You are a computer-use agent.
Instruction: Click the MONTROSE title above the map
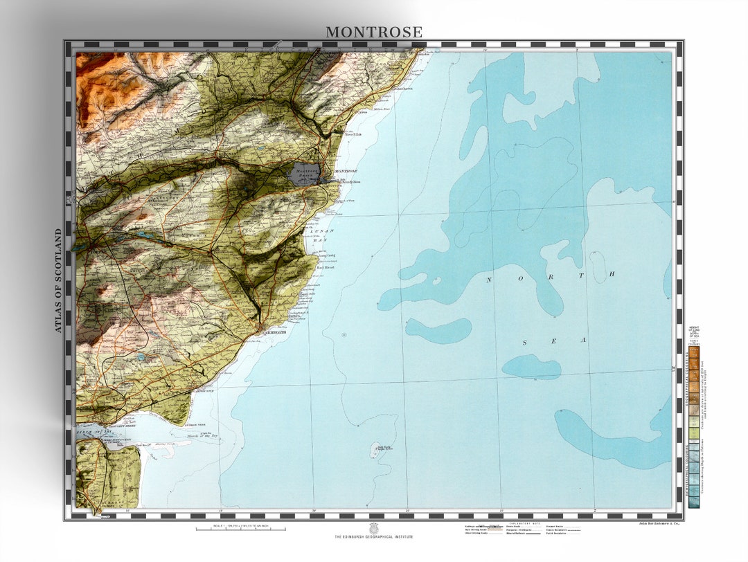coord(374,32)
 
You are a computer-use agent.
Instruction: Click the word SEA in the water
coord(553,341)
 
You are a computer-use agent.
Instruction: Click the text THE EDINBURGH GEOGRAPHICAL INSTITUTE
coord(374,537)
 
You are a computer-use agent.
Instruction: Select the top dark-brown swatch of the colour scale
coord(693,352)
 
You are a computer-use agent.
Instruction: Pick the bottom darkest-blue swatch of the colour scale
coord(693,503)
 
